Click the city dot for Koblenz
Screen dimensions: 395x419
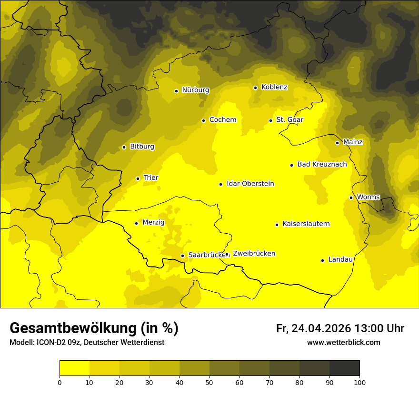[x=255, y=88]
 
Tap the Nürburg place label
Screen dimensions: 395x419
[x=195, y=90]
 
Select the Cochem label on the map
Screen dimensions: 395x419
[x=222, y=120]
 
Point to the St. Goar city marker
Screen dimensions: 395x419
[x=270, y=120]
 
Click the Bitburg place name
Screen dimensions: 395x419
[x=142, y=147]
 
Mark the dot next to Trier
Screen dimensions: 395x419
[x=138, y=178]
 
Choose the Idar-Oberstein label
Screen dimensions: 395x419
[x=250, y=184]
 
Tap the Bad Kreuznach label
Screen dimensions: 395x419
[x=322, y=164]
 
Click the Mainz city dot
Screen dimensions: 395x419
[x=337, y=143]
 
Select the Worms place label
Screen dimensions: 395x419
[x=368, y=197]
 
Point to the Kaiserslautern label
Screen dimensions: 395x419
[x=306, y=224]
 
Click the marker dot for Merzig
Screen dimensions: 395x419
[x=136, y=223]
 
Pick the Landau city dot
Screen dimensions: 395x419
[x=322, y=260]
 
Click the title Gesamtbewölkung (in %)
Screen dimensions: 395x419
[x=94, y=328]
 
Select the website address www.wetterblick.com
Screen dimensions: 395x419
[x=343, y=343]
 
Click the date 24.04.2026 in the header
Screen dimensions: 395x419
[x=321, y=328]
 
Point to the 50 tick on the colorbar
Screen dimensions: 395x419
[x=209, y=382]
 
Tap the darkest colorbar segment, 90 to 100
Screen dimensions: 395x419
[x=344, y=368]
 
